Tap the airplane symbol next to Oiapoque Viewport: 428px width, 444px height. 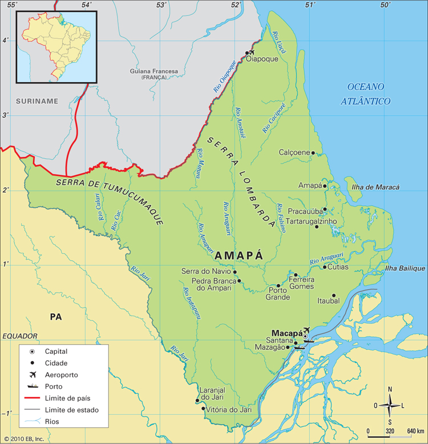252,52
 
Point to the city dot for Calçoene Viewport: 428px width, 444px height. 313,153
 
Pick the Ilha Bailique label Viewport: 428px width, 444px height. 405,268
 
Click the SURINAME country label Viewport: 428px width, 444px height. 37,101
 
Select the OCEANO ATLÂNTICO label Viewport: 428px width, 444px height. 366,94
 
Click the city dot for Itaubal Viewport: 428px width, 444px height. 334,296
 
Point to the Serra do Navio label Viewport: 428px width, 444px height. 206,272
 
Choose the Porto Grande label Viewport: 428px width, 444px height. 278,293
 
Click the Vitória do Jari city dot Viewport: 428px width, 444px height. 204,409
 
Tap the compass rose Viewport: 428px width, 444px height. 390,406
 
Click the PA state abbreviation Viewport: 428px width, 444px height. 55,316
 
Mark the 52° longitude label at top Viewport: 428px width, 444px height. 236,5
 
